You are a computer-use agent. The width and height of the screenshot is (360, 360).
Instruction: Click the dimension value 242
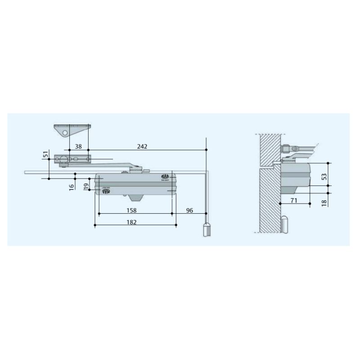point(142,146)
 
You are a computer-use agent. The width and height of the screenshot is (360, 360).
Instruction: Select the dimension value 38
point(78,146)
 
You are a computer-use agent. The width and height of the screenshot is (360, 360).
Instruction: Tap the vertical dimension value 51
point(45,155)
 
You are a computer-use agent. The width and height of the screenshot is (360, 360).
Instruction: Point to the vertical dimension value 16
point(72,186)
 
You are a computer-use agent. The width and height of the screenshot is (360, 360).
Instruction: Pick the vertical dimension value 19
point(86,186)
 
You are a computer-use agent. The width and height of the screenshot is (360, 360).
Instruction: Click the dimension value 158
point(131,210)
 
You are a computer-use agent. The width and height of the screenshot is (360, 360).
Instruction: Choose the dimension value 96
point(189,210)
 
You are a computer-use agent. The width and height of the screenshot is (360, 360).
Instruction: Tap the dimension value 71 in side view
point(294,201)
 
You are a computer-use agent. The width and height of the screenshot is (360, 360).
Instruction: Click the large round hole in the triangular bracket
point(66,133)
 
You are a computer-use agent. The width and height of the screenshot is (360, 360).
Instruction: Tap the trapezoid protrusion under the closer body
point(136,197)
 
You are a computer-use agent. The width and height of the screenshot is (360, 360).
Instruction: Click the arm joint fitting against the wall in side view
point(285,149)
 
